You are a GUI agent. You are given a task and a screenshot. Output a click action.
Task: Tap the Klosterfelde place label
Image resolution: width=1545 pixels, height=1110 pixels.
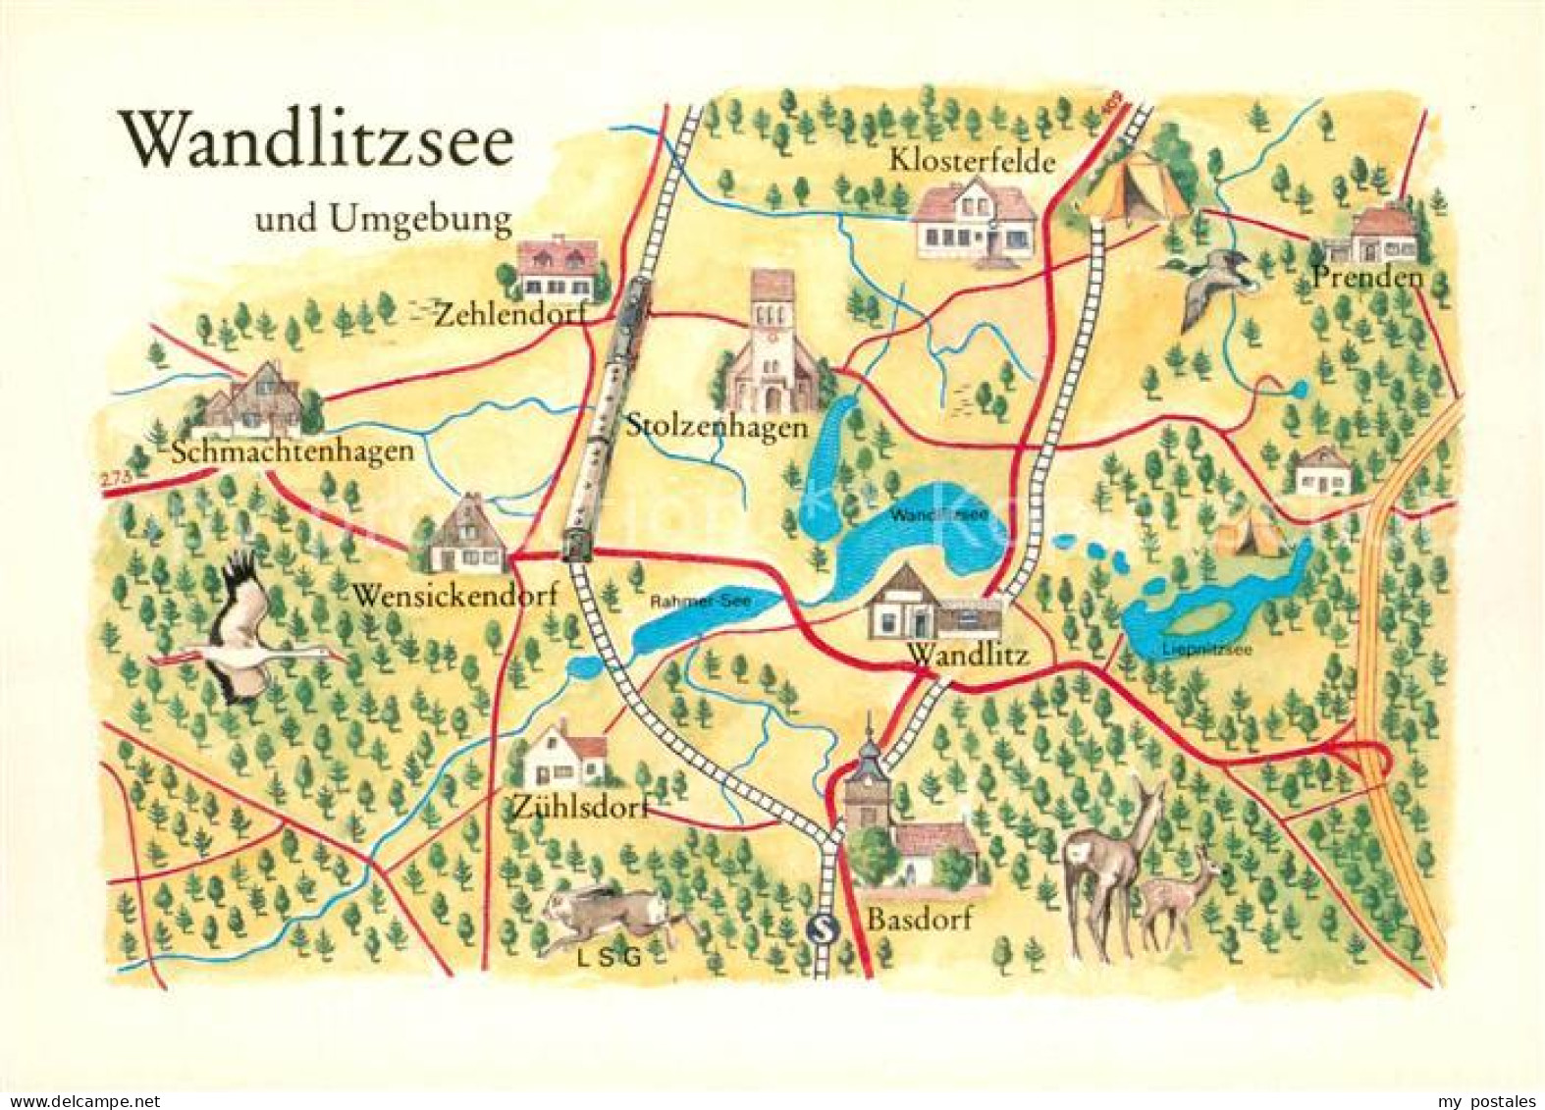(971, 160)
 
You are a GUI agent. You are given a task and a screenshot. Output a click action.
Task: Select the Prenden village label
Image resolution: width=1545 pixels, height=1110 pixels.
(1366, 278)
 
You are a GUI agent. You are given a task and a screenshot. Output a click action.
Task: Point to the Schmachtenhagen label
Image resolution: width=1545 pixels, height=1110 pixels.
(293, 452)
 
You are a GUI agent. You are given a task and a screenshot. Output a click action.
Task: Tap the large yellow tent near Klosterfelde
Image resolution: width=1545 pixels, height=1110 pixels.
(1135, 188)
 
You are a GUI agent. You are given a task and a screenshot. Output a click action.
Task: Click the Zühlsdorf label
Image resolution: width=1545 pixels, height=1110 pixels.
(580, 807)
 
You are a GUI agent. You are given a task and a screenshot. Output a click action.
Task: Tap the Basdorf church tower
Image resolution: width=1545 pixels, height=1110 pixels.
(870, 785)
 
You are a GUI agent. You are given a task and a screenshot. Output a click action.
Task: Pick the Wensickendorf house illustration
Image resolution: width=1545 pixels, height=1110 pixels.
(467, 538)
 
